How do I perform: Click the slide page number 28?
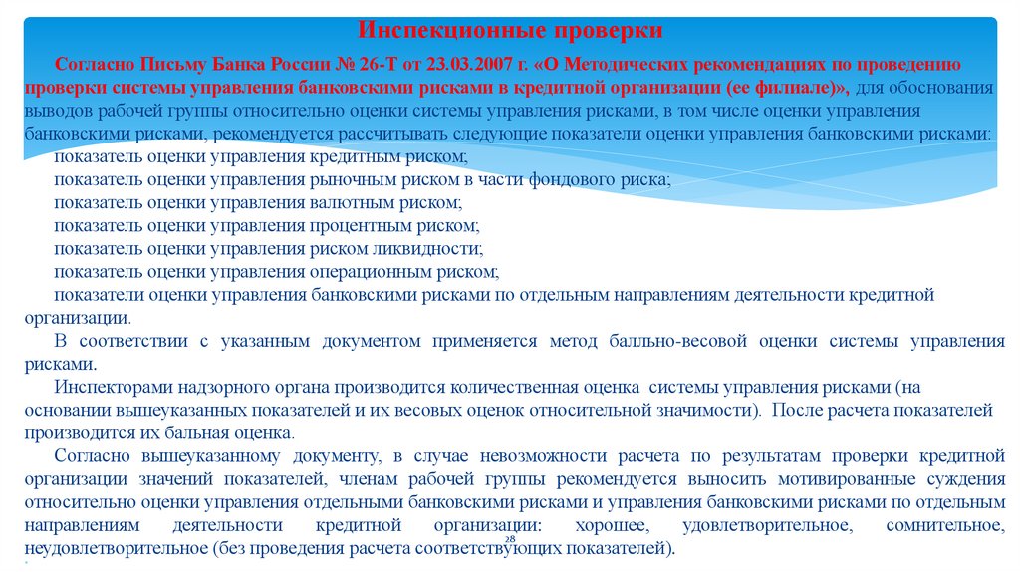click(508, 540)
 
